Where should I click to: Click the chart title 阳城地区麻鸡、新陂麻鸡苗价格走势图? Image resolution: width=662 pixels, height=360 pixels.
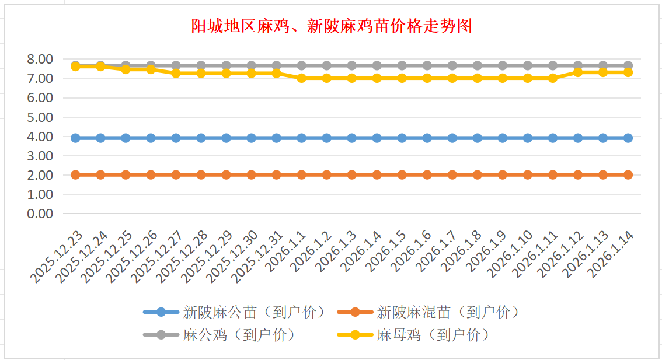[x=331, y=26]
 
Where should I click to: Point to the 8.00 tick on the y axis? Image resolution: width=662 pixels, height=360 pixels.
[x=40, y=59]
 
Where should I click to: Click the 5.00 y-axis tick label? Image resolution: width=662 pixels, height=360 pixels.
[x=40, y=117]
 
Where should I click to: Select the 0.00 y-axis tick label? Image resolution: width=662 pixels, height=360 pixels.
[x=40, y=214]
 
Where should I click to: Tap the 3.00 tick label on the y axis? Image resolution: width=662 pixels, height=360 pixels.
[x=40, y=156]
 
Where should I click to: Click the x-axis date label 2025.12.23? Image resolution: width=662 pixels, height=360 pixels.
[x=58, y=257]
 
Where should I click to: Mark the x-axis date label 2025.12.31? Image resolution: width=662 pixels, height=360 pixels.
[x=259, y=257]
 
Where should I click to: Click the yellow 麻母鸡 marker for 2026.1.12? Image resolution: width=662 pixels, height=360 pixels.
[x=578, y=72]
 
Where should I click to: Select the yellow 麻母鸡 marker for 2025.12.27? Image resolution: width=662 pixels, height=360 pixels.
[x=176, y=73]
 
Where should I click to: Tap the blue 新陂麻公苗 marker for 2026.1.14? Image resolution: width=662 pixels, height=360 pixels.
[x=628, y=138]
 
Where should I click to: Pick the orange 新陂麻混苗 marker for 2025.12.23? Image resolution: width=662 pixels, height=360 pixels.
[x=75, y=174]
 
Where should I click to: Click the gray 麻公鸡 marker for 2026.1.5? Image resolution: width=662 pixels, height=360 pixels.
[x=402, y=65]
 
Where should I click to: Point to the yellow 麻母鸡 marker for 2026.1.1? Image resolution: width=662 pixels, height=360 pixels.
[x=302, y=78]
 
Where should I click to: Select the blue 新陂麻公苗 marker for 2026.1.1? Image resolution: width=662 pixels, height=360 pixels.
[x=302, y=138]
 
